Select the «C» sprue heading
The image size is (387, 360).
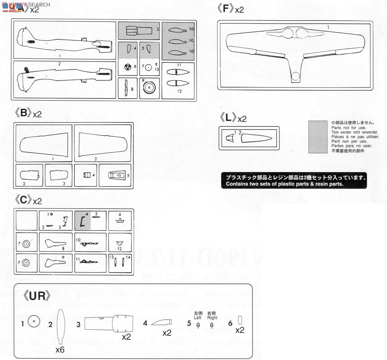25,200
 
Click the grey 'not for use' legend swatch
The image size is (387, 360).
318,137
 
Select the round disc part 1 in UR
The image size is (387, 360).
34,322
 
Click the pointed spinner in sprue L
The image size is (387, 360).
256,139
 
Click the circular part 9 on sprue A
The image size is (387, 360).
149,88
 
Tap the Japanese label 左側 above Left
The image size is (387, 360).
198,313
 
